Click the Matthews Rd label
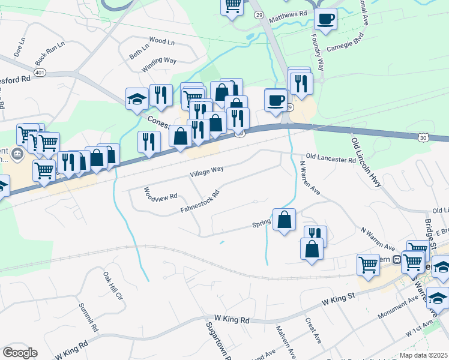click(288, 12)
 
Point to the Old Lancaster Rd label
click(331, 159)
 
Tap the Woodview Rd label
click(160, 193)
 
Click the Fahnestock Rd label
click(200, 202)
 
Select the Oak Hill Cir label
click(112, 286)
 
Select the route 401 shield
click(40, 72)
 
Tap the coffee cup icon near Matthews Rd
click(325, 19)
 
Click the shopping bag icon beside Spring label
click(284, 219)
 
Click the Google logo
click(20, 353)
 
